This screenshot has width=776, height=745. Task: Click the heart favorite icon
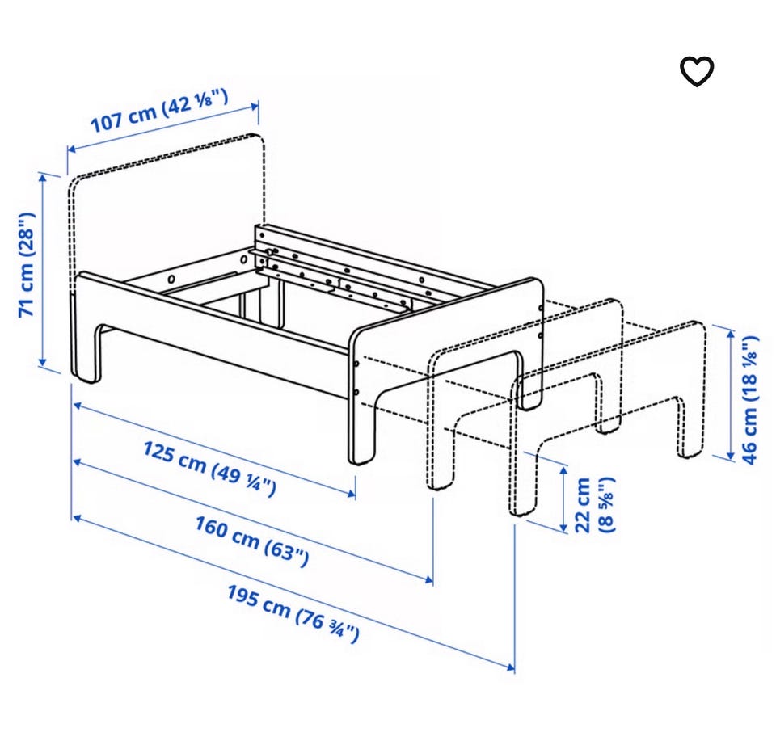(696, 71)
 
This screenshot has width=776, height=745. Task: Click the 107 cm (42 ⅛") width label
(159, 111)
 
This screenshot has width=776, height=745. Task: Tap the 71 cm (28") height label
(27, 265)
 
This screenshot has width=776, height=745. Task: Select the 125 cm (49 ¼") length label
(210, 469)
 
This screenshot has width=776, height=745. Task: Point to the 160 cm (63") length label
(252, 541)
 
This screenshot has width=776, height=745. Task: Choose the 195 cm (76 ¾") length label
(293, 614)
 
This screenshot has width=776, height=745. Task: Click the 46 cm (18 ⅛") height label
(750, 400)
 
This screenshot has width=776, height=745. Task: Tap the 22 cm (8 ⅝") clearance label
(594, 504)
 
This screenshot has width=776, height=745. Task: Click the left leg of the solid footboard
(361, 426)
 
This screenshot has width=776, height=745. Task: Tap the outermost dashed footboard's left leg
(523, 475)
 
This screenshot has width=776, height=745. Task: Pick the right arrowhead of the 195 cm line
(511, 667)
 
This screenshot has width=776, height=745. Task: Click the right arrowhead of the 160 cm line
(428, 579)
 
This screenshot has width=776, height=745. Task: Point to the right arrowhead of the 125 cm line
(352, 493)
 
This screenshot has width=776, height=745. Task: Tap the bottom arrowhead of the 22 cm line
(563, 528)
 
